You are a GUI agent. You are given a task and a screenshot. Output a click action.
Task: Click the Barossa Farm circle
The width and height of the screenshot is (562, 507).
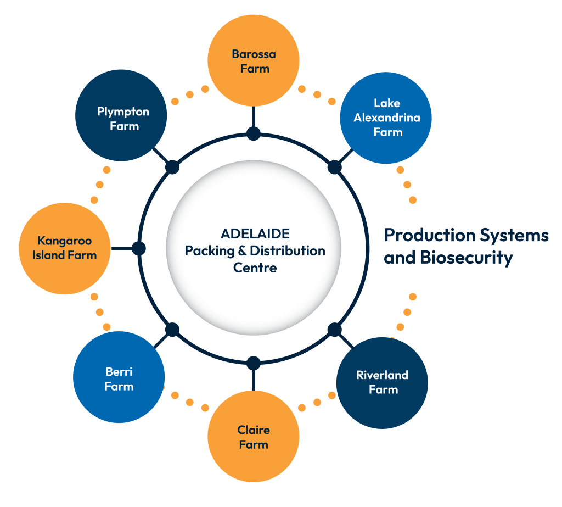[254, 60]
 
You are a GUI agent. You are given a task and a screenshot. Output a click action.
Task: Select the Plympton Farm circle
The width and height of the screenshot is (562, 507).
[121, 115]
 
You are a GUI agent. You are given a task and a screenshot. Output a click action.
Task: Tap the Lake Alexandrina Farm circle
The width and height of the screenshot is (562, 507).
[386, 118]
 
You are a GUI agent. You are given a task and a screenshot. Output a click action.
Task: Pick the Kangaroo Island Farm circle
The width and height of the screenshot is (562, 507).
[65, 248]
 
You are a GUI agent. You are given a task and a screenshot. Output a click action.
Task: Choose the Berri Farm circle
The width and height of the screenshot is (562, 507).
[119, 377]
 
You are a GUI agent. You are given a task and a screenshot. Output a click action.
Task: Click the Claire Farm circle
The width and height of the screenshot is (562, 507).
[254, 436]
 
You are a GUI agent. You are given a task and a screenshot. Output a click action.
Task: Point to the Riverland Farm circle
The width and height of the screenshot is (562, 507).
[382, 383]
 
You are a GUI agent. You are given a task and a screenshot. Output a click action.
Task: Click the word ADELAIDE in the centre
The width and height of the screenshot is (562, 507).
[255, 233]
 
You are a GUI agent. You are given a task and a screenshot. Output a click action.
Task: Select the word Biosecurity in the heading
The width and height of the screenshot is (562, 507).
[467, 258]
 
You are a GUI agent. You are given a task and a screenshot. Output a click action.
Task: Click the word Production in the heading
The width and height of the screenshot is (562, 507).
[430, 235]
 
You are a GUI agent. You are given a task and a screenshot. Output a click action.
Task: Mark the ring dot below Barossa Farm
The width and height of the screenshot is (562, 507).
[254, 133]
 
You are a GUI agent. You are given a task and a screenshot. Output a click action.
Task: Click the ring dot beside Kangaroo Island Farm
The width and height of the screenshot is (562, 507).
[139, 248]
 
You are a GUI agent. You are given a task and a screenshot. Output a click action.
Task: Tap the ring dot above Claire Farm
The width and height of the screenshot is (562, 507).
[254, 363]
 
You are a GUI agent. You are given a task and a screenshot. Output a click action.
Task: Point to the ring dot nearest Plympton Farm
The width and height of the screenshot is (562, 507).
[172, 167]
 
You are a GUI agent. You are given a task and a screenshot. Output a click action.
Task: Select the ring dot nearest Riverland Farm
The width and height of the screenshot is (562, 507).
[334, 330]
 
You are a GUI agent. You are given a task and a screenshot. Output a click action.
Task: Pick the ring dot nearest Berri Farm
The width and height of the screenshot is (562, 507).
[172, 330]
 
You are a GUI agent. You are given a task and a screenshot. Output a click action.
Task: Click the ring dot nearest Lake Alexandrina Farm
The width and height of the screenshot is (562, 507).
[334, 167]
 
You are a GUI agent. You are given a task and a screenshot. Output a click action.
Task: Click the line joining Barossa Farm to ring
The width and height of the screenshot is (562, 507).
[254, 116]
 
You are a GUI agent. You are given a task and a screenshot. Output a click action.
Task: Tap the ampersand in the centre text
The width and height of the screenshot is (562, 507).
[242, 250]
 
